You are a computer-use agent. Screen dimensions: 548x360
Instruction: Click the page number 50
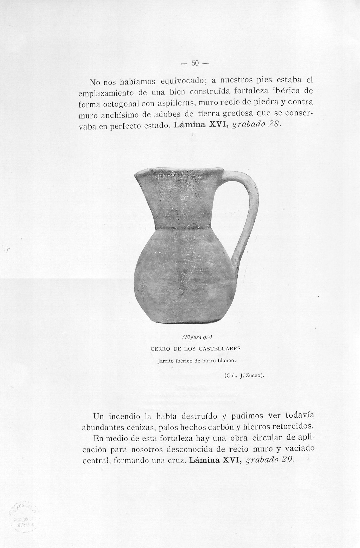tap(195, 63)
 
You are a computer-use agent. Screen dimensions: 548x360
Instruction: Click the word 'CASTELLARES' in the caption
tap(219, 349)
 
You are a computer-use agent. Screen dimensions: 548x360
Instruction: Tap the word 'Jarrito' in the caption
tap(166, 361)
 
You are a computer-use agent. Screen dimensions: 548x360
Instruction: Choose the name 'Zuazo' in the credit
tap(254, 375)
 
